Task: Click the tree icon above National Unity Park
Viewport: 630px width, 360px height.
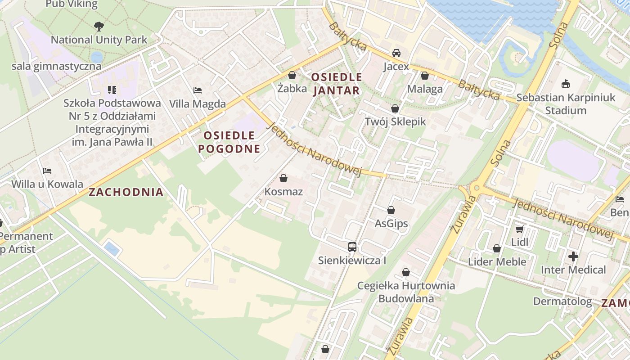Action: click(x=99, y=27)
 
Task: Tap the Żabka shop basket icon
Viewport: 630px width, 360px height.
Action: click(x=292, y=75)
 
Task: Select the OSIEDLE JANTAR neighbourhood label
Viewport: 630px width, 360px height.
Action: click(x=336, y=84)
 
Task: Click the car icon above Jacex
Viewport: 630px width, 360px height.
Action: click(x=396, y=53)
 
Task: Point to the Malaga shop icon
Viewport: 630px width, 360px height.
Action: click(x=424, y=76)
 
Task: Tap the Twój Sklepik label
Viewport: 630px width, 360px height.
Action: click(x=395, y=121)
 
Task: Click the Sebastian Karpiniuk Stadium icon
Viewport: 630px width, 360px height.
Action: click(x=565, y=84)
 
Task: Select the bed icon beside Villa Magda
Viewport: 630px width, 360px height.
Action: click(x=197, y=90)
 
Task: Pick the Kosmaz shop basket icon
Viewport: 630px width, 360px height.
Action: click(x=283, y=179)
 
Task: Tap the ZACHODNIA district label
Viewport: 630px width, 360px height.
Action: click(x=126, y=192)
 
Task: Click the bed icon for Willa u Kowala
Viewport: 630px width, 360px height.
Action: click(x=47, y=171)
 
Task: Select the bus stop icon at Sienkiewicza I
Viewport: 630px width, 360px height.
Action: click(x=352, y=247)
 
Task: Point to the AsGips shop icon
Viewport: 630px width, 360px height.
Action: click(x=391, y=210)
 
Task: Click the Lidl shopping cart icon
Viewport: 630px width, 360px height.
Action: click(x=519, y=229)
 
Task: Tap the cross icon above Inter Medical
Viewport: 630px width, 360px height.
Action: click(x=573, y=256)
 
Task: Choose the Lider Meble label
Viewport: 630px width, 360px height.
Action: click(x=497, y=261)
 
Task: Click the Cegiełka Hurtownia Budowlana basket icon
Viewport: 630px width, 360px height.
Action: click(x=406, y=272)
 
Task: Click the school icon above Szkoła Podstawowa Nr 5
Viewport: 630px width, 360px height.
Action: click(x=112, y=90)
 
